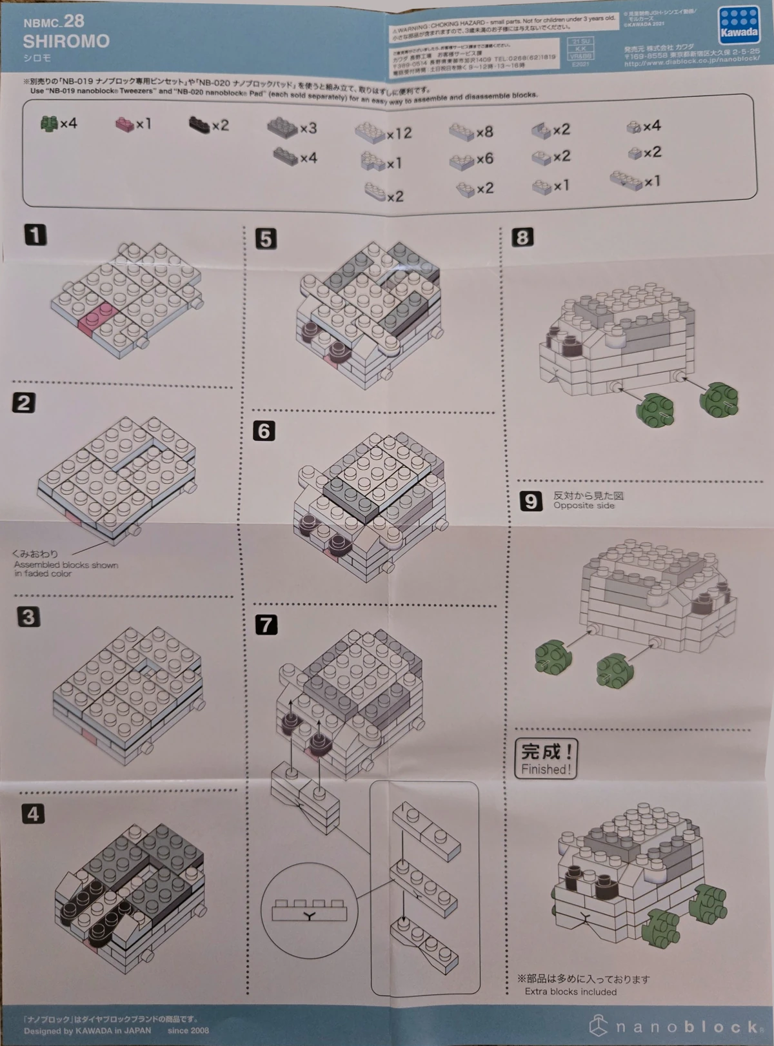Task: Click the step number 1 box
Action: (x=35, y=234)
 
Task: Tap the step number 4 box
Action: (x=33, y=814)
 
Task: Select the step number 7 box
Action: (x=266, y=624)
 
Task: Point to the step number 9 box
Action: (x=531, y=501)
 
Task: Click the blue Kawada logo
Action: (x=739, y=24)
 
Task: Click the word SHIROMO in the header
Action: (x=66, y=41)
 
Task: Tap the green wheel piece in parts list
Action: (x=49, y=123)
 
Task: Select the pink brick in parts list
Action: (x=124, y=124)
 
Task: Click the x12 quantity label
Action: (x=399, y=133)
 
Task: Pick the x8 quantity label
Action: (x=484, y=132)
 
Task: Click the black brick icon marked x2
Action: (x=199, y=124)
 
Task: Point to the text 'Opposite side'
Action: (x=584, y=506)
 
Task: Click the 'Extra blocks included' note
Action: (x=570, y=992)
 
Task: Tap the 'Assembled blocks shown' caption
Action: (x=66, y=565)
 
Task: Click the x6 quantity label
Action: (x=484, y=159)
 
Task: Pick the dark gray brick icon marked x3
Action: (x=282, y=127)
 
